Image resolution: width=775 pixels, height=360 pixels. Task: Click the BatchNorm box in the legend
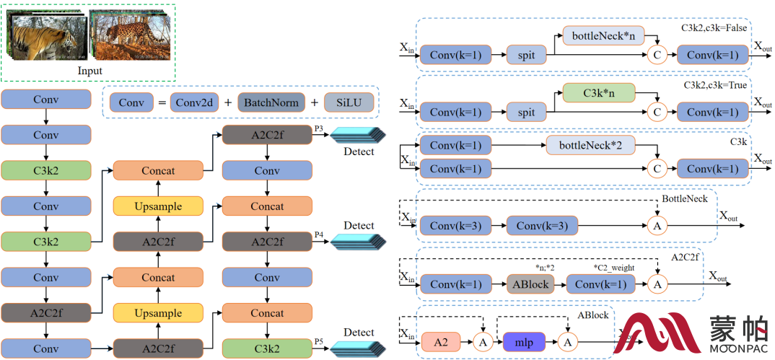pos(271,103)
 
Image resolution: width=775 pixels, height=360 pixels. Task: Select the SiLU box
pos(350,103)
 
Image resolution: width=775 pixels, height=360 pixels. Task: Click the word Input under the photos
pos(90,71)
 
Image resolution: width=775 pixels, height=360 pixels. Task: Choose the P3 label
pos(319,128)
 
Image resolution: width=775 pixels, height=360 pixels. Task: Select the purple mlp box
pos(524,342)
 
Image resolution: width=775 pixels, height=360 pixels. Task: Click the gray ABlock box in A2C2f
pos(530,284)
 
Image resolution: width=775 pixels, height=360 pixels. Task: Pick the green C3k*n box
pos(598,92)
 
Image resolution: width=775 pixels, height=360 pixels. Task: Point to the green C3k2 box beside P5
pos(268,349)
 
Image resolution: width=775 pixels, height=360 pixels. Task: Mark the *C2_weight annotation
pos(613,268)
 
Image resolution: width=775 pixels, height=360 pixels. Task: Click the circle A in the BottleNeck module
pos(657,226)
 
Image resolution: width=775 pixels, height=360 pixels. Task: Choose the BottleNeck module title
pos(685,198)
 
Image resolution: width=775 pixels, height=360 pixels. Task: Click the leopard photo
pos(124,33)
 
